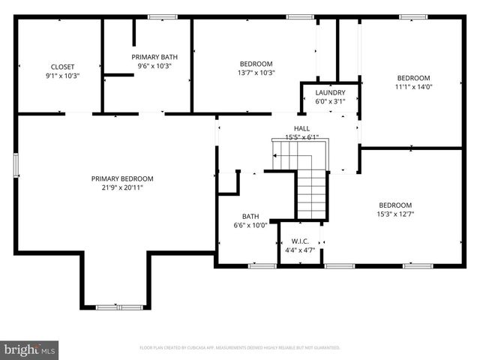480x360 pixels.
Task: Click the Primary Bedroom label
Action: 122,178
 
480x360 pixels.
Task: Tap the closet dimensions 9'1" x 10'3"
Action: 63,76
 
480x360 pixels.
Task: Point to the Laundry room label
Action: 330,93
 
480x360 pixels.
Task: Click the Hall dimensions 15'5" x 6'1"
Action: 301,137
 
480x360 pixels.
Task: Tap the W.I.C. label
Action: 299,241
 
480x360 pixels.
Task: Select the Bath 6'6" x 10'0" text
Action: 250,224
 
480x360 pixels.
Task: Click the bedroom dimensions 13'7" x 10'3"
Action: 256,73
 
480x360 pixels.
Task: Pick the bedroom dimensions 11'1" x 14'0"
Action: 413,87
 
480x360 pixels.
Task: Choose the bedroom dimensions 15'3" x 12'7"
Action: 394,214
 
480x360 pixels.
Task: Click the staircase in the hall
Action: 311,191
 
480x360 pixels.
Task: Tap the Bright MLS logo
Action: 30,349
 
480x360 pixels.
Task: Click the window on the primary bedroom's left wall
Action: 16,165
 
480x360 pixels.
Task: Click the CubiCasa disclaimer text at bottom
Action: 240,348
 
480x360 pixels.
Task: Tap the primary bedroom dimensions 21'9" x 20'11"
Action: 122,187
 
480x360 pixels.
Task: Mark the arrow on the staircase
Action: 276,156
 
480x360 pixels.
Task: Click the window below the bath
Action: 262,265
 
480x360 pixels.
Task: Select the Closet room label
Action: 63,67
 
